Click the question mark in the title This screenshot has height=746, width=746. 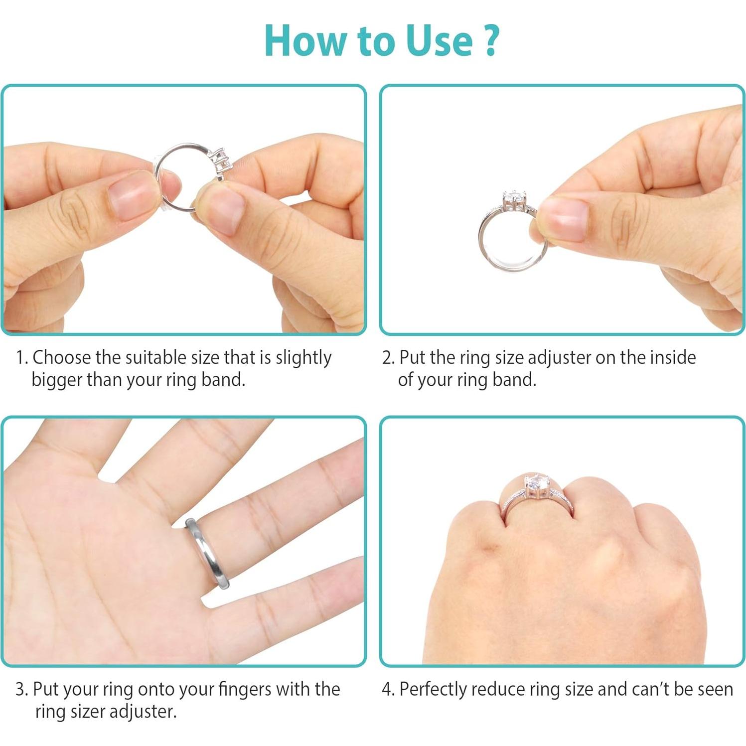point(490,41)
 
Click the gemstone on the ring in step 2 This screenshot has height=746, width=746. point(514,200)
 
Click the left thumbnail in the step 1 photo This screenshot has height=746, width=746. point(129,197)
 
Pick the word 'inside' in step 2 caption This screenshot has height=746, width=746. point(674,357)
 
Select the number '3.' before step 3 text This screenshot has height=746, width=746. point(21,689)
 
